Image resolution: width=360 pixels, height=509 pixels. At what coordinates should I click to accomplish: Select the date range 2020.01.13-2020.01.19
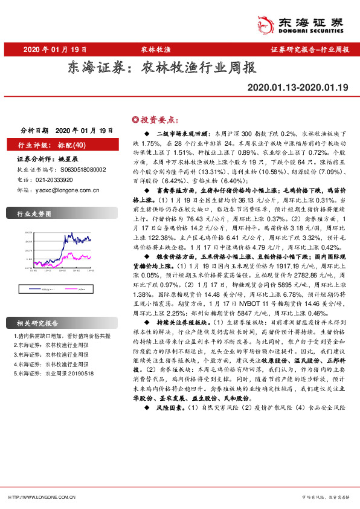coord(298,88)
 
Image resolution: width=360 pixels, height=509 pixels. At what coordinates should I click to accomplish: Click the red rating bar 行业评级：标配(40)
coord(53,145)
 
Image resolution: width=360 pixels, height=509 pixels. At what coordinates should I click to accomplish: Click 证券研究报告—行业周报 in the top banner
coord(310,50)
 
